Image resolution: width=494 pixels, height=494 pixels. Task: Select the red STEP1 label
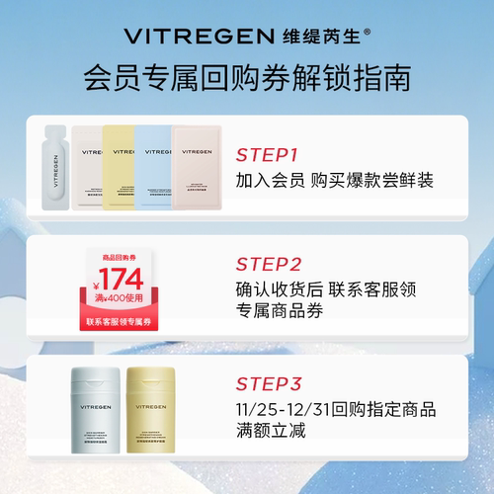click(x=267, y=155)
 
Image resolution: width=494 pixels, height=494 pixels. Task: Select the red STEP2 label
click(x=268, y=264)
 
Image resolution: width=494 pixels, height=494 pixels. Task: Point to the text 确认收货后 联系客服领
click(x=327, y=290)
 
